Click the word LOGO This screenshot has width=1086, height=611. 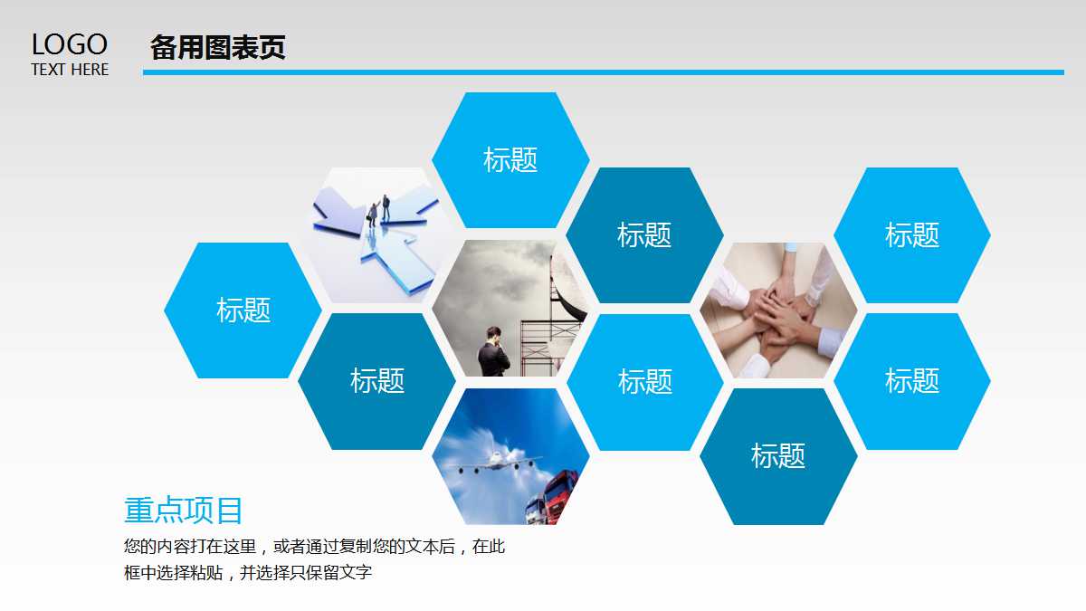point(69,44)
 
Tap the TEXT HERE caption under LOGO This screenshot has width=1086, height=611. point(70,70)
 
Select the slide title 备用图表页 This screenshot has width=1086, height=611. point(218,47)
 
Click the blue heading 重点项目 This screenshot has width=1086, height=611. point(184,511)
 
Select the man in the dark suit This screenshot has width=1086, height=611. point(494,352)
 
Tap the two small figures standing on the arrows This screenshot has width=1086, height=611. point(378,211)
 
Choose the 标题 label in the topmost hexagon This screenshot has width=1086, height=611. point(510,160)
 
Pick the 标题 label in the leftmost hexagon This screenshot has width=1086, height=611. point(243,310)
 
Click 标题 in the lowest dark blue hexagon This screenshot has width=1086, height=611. point(778,455)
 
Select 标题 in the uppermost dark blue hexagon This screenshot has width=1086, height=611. point(644,235)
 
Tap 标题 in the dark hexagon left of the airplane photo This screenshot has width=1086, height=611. point(377,381)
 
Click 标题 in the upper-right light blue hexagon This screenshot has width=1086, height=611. point(912,235)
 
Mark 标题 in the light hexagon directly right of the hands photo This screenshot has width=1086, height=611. point(912,381)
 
